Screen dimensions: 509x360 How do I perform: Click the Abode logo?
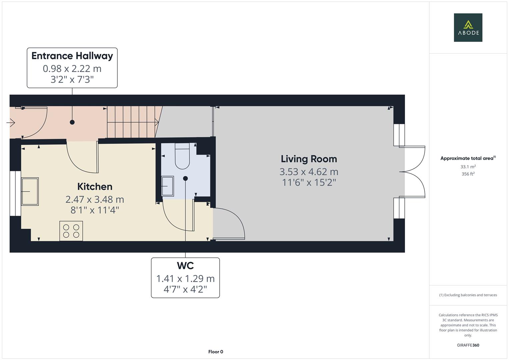pos(468,27)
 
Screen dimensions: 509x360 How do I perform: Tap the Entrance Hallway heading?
pos(72,56)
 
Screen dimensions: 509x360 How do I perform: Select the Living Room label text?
pos(309,159)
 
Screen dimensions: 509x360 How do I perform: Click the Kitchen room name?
pos(95,187)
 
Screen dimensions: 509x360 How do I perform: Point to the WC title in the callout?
pos(185,265)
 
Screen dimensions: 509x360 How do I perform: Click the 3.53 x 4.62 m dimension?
pos(309,172)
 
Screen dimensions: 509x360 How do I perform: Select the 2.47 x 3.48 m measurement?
pos(95,200)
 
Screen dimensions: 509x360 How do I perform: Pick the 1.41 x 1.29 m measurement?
pos(185,279)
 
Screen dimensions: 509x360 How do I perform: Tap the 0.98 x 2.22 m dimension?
pos(72,69)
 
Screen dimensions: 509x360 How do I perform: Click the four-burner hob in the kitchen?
pos(71,231)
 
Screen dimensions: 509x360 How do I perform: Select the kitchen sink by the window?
pos(30,192)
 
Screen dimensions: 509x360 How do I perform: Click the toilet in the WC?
pos(182,156)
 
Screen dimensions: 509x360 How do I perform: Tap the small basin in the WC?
pos(167,186)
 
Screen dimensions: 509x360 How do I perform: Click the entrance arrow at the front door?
pos(10,123)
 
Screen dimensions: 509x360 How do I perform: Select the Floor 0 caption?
pos(216,352)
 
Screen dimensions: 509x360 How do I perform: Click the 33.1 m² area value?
pos(468,167)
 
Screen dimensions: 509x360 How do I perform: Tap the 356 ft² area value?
pos(468,174)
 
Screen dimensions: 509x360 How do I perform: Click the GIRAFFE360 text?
pos(468,345)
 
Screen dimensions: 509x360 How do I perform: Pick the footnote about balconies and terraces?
pos(468,295)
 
